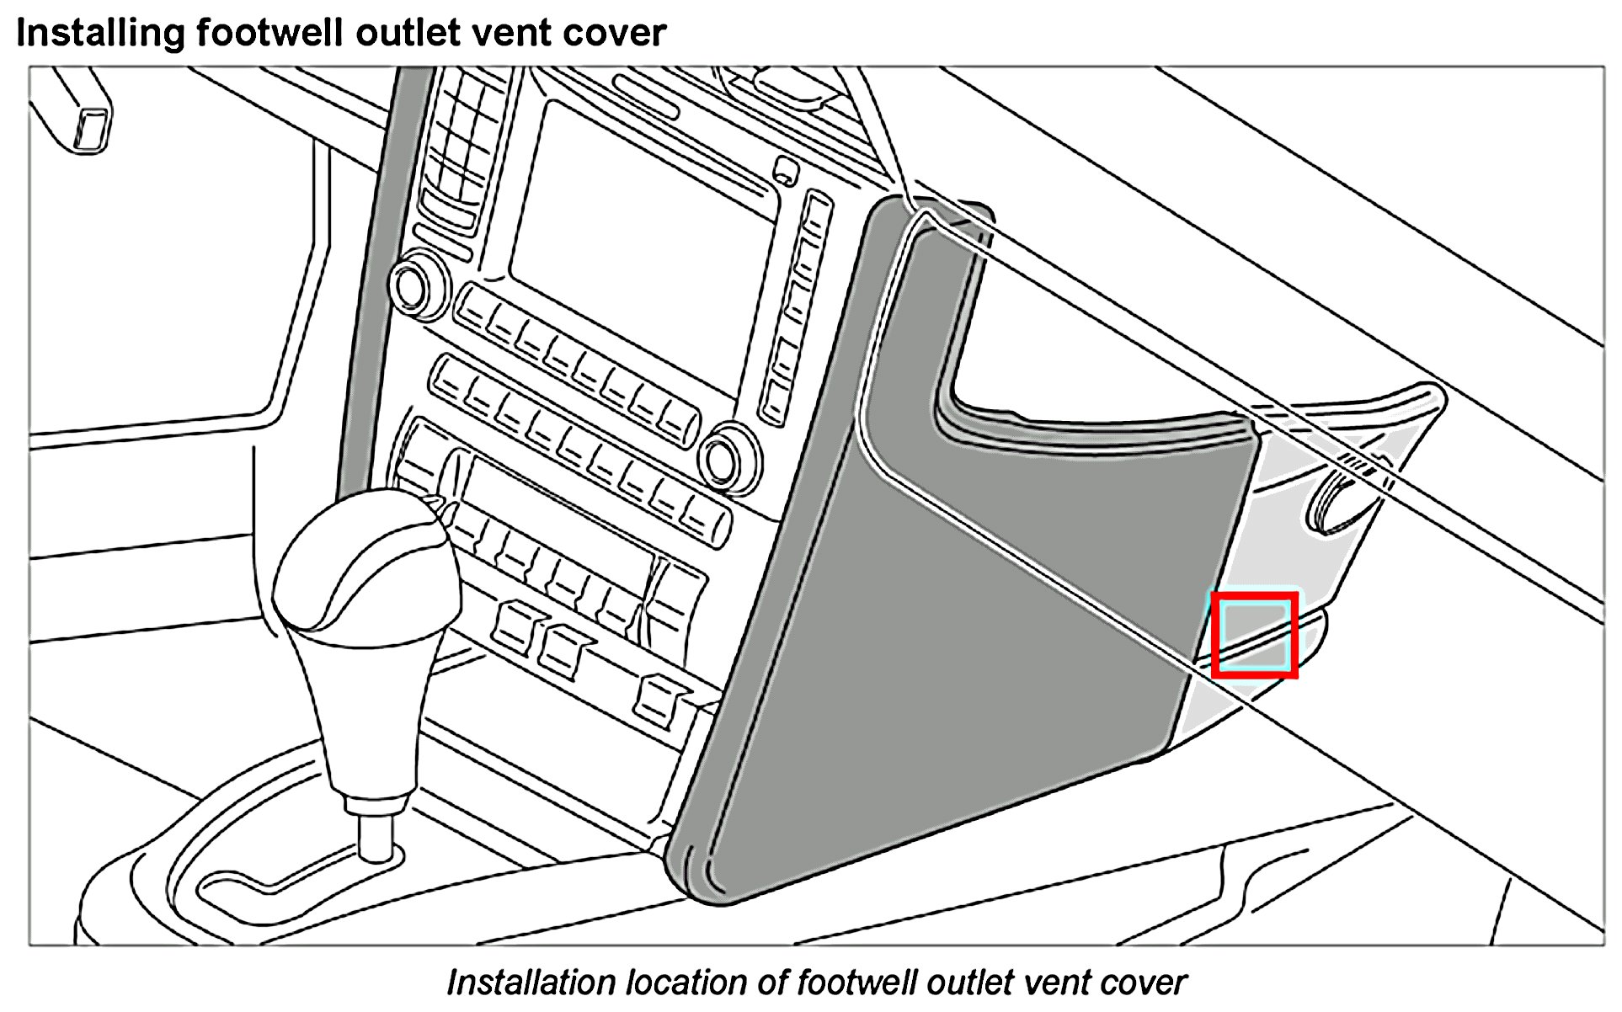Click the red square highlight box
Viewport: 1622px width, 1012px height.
1254,634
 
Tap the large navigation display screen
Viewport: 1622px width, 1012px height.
640,244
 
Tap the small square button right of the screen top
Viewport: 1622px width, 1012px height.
785,171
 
